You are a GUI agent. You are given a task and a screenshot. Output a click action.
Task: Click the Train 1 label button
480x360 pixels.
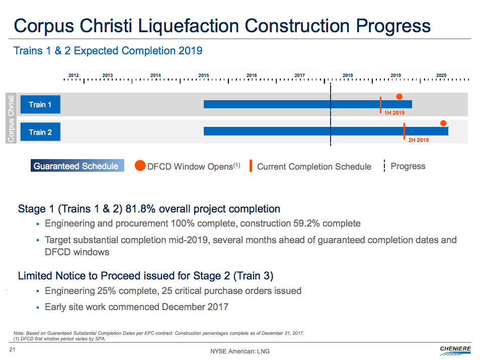[x=40, y=105]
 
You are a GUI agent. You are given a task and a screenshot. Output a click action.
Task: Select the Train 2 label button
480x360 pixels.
[x=40, y=132]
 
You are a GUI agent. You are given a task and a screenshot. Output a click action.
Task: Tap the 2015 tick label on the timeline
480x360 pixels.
[x=204, y=76]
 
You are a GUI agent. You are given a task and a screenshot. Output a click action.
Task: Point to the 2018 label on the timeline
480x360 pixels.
[x=348, y=76]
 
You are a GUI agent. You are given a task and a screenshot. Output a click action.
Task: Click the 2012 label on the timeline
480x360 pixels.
[x=73, y=76]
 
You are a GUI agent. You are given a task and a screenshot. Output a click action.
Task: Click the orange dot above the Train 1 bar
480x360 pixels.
[x=399, y=97]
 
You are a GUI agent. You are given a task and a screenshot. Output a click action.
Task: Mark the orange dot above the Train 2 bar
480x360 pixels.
[x=443, y=123]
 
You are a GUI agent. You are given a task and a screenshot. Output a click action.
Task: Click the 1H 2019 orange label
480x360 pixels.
[x=394, y=113]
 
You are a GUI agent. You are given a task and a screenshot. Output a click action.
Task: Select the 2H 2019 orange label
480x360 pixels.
[x=418, y=140]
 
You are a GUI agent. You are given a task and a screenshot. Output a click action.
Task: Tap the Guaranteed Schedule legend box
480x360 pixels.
[x=76, y=166]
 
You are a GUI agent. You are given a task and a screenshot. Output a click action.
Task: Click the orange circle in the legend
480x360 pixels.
[x=140, y=166]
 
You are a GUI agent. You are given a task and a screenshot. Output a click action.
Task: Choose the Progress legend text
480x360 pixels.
[x=408, y=166]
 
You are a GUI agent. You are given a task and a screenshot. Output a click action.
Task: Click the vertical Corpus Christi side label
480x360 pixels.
[x=11, y=118]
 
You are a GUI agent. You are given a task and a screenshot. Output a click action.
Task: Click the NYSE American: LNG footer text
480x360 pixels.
[x=233, y=351]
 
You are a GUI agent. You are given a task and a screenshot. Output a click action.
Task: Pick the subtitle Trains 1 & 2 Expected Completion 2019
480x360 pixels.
[x=108, y=51]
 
